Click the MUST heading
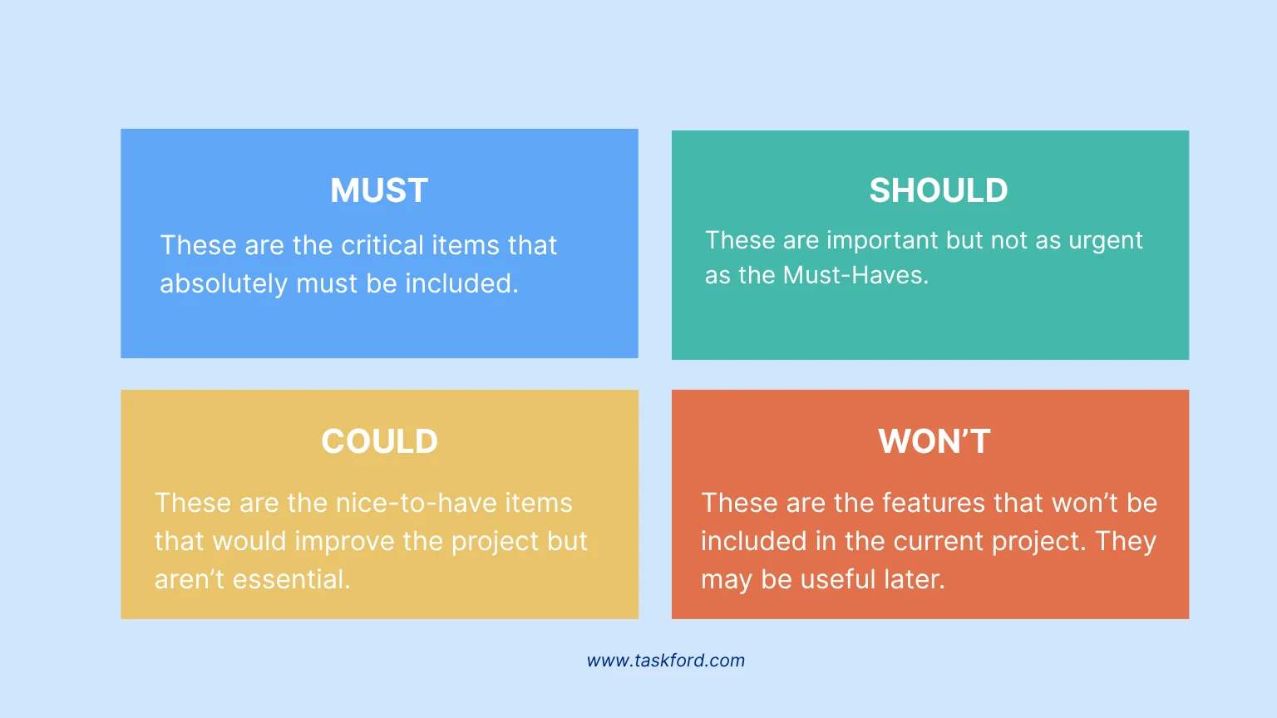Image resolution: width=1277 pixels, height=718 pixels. coord(379,190)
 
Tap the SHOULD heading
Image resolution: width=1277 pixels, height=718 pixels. coord(939,190)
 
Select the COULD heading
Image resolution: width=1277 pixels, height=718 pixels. coord(380,441)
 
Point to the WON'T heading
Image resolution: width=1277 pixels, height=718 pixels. coord(934,441)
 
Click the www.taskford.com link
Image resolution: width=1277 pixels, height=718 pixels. coord(666,661)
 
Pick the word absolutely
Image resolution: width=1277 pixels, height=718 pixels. coord(224,283)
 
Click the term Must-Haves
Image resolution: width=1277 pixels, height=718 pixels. coord(855,275)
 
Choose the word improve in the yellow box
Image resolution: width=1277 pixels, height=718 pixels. coord(344,541)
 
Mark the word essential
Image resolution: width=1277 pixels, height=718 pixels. coord(291,579)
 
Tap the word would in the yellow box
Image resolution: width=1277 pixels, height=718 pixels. coord(249,541)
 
